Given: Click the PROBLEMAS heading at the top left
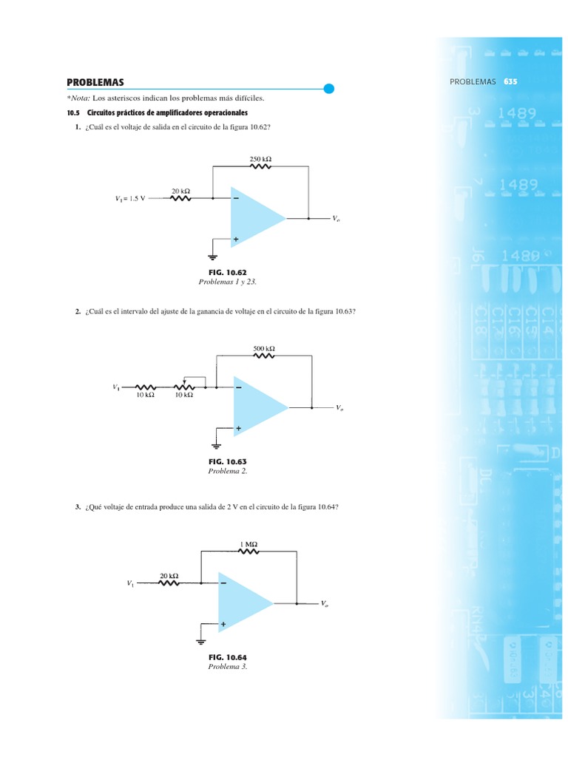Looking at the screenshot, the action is (x=95, y=82).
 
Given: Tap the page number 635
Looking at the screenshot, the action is (x=510, y=81).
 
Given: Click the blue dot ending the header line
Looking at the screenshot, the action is (x=330, y=89).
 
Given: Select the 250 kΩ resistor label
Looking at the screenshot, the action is (x=261, y=157).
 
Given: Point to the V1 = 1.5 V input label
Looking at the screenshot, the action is (x=130, y=198).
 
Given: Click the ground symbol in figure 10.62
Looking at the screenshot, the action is (x=213, y=258).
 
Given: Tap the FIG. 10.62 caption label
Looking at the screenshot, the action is (x=227, y=273).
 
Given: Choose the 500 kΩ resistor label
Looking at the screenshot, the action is (x=264, y=347).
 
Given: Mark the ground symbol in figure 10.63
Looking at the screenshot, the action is (x=216, y=446).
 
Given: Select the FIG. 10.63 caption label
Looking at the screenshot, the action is (x=227, y=461).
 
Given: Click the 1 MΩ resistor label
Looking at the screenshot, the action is (x=248, y=545).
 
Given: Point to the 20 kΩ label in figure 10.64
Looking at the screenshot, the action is (x=169, y=575).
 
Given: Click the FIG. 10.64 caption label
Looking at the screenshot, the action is (x=227, y=657).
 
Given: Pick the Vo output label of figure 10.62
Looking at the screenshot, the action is (x=337, y=220).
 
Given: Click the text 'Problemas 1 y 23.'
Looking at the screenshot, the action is (x=227, y=282).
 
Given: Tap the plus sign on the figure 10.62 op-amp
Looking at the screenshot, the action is (x=237, y=240).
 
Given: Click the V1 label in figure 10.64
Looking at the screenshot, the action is (x=130, y=583).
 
